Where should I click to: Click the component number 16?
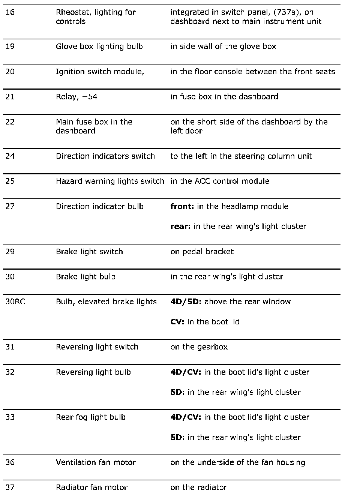[x=10, y=12]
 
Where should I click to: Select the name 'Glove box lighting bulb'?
[x=99, y=46]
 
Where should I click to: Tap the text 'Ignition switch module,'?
[x=100, y=72]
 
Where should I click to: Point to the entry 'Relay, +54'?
[x=76, y=97]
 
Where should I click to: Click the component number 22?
[x=10, y=122]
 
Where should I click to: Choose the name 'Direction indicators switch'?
[x=105, y=156]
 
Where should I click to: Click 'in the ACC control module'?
[x=220, y=181]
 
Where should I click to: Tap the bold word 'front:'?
[x=182, y=206]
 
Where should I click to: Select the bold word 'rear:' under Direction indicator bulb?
[x=180, y=226]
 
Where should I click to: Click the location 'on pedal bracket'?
[x=202, y=252]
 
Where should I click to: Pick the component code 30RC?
[x=15, y=302]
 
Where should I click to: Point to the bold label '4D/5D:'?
[x=186, y=302]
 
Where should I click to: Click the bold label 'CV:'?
[x=177, y=322]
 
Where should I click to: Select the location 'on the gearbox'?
[x=199, y=347]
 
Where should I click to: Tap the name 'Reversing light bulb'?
[x=93, y=372]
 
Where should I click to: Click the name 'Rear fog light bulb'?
[x=91, y=417]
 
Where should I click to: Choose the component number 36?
[x=10, y=462]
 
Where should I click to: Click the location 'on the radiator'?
[x=198, y=487]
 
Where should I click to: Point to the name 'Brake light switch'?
[x=89, y=252]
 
